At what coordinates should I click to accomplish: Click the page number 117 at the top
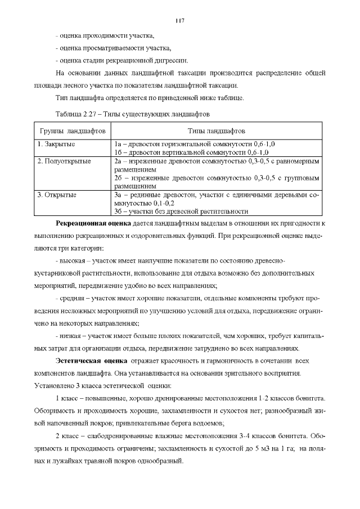pyautogui.click(x=180, y=21)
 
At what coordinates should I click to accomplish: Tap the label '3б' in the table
pyautogui.click(x=118, y=211)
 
